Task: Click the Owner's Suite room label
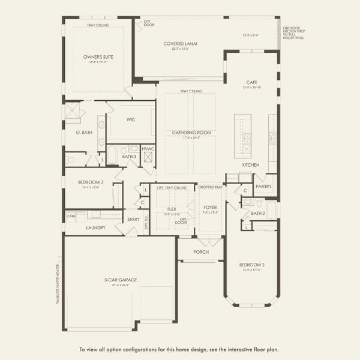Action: coord(98,57)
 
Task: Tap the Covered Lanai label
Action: coord(181,44)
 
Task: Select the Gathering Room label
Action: coord(193,132)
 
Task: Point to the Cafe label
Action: coord(252,82)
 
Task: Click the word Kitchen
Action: coord(250,164)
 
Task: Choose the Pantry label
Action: coord(263,186)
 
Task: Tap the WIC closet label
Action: coord(131,119)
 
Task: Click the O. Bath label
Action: coord(83,132)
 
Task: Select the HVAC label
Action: coord(148,148)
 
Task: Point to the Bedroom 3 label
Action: coord(91,182)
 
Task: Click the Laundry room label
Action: coord(95,227)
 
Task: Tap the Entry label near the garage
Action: coord(133,219)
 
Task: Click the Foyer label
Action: coord(210,208)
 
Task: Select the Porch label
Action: coord(200,252)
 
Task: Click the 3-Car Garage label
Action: coord(121,280)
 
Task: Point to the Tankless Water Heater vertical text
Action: coord(58,283)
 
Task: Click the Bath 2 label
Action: coord(258,213)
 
